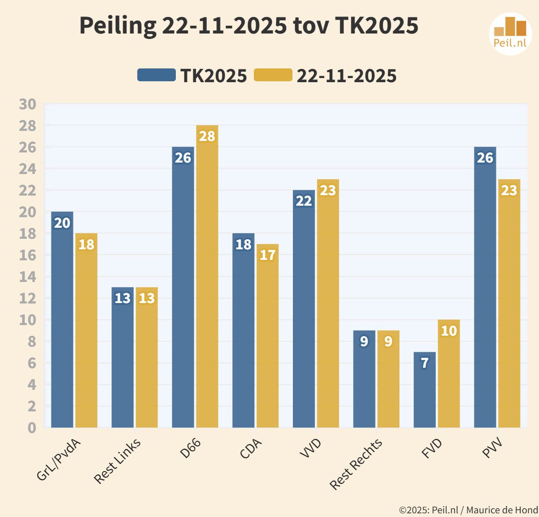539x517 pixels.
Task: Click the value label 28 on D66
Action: click(x=207, y=136)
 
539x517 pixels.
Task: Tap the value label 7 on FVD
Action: click(x=425, y=363)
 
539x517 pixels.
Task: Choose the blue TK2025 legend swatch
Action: click(x=157, y=75)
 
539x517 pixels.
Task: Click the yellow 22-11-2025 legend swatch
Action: click(x=273, y=75)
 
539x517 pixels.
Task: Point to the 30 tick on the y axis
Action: click(x=28, y=104)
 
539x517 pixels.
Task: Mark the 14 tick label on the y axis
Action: click(x=28, y=277)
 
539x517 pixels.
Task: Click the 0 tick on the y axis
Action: click(x=31, y=427)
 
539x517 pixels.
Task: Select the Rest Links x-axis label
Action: click(x=118, y=461)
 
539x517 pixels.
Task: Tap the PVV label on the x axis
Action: click(x=492, y=448)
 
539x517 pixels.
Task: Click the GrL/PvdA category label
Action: click(x=59, y=459)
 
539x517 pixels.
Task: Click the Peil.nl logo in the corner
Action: click(x=510, y=34)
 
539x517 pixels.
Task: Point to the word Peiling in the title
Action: click(x=118, y=26)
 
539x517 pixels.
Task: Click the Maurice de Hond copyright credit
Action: click(x=468, y=510)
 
